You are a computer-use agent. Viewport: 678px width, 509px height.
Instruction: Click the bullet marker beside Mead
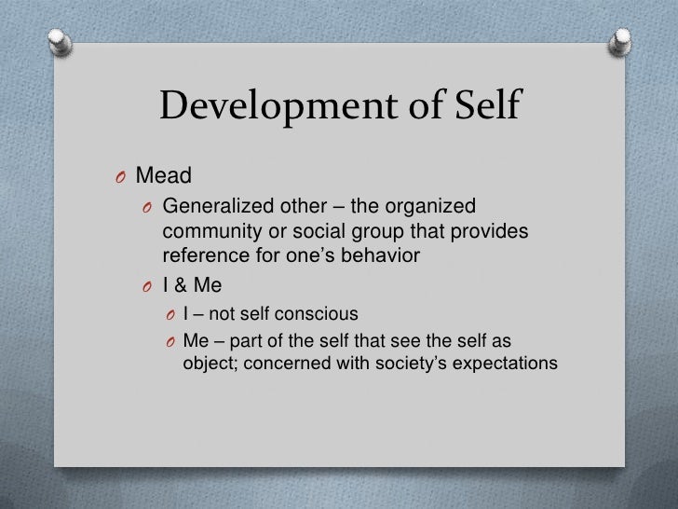point(121,174)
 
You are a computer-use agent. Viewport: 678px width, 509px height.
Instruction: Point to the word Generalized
point(211,206)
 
